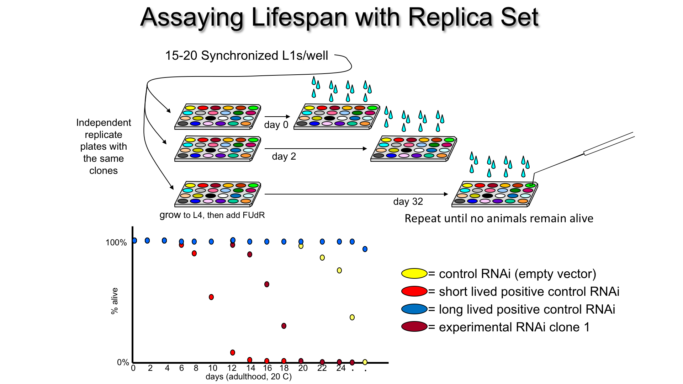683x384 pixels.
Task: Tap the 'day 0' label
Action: [276, 125]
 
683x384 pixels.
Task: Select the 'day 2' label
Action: [284, 156]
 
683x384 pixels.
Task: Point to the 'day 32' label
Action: [408, 202]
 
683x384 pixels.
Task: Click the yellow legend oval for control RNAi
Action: [414, 273]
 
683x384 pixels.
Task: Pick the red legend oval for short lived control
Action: [414, 291]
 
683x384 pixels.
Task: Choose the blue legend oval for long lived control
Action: [414, 309]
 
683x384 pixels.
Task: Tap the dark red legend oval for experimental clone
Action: [414, 326]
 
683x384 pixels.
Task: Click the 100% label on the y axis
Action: [116, 242]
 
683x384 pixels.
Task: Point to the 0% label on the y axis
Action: [123, 362]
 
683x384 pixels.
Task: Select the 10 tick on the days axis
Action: [213, 368]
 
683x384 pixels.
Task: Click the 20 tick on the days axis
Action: [303, 368]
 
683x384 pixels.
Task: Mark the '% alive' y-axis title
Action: [115, 301]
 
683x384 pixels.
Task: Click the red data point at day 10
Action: [211, 297]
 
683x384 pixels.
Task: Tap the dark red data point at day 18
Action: [284, 326]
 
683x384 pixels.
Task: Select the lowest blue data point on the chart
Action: [365, 249]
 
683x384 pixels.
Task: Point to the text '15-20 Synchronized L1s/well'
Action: [247, 56]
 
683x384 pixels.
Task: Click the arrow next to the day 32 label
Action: [356, 194]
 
